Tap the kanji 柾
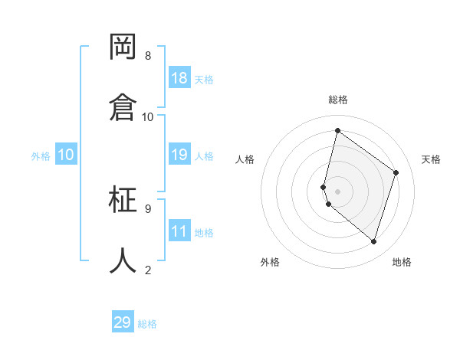123,200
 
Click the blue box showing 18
179,78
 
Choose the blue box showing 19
179,155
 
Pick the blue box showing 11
179,231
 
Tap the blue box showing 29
123,322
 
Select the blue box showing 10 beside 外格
66,155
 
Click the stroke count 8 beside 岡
148,56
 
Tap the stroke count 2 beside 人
148,270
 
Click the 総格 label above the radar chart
338,100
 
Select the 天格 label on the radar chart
431,159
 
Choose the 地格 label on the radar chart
402,262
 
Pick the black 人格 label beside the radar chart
245,159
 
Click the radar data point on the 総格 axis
337,131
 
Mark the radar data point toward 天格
396,172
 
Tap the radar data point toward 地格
373,241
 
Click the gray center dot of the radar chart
337,191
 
